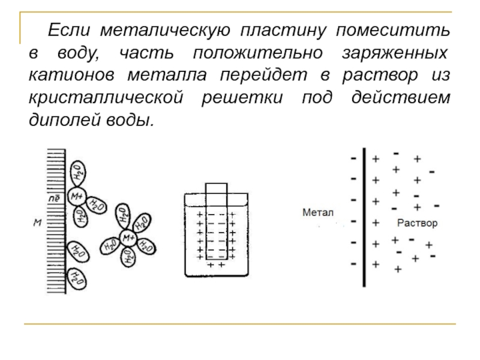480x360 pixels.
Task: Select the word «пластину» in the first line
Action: pos(283,31)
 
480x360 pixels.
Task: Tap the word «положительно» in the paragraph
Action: pos(258,53)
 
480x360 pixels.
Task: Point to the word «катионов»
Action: pos(71,75)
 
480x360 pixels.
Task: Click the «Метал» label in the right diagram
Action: pos(318,212)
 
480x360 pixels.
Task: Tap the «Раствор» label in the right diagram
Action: pos(417,223)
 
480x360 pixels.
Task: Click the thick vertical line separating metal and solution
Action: pos(364,217)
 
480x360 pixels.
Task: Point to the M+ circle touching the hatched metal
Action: pos(77,196)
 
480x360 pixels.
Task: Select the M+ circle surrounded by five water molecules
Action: pos(128,238)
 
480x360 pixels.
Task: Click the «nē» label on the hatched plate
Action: pos(54,199)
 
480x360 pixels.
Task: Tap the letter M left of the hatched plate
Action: pos(37,223)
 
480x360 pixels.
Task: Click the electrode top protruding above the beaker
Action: pos(217,188)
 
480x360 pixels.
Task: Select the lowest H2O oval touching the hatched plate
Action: pos(77,279)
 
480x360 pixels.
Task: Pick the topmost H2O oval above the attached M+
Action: pos(78,173)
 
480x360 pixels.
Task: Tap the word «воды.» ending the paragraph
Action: pos(130,119)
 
